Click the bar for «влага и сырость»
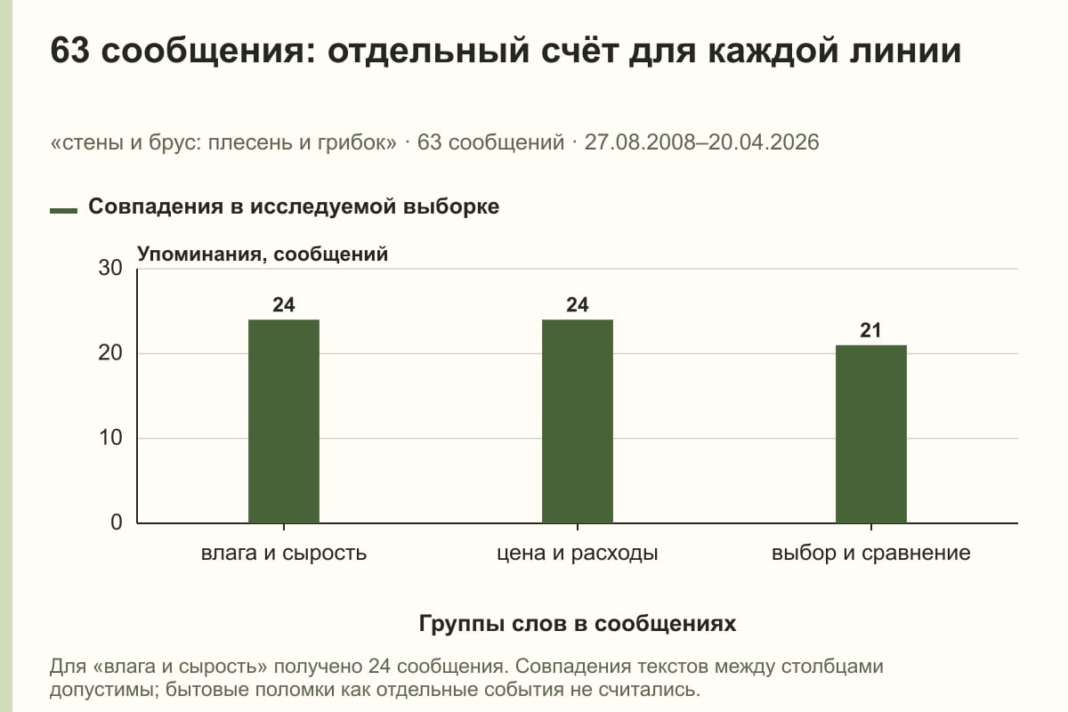click(x=284, y=421)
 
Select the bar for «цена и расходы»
click(x=578, y=421)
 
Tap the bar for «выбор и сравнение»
click(x=871, y=434)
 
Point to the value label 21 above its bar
click(x=870, y=330)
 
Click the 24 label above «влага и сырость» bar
click(x=284, y=304)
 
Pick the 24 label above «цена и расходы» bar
click(x=578, y=304)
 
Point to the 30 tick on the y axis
click(x=110, y=268)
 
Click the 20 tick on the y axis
click(x=110, y=353)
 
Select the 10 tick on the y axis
click(x=110, y=438)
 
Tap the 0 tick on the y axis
click(x=117, y=522)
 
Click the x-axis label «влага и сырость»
click(x=284, y=554)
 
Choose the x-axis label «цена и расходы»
click(x=578, y=554)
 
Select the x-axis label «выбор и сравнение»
click(x=871, y=554)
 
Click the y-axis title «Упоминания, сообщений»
click(x=263, y=255)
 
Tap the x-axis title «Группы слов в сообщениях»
click(x=578, y=623)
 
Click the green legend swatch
click(x=63, y=211)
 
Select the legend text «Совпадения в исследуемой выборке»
click(x=294, y=206)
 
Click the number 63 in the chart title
click(x=69, y=50)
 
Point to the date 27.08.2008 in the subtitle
click(x=643, y=142)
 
